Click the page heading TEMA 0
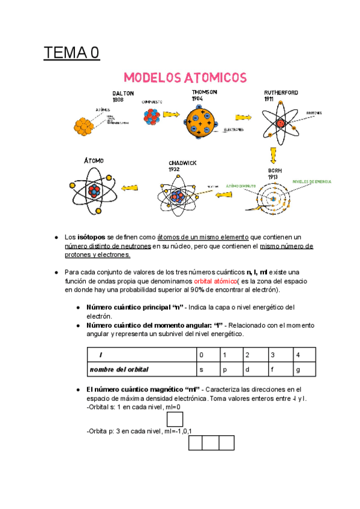[x=71, y=53]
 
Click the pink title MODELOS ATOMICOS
[x=185, y=78]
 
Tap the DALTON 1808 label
[x=123, y=97]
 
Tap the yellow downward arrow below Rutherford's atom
[x=274, y=155]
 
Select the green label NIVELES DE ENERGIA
[x=312, y=181]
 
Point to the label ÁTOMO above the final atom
[x=94, y=160]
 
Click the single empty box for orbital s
[x=175, y=419]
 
